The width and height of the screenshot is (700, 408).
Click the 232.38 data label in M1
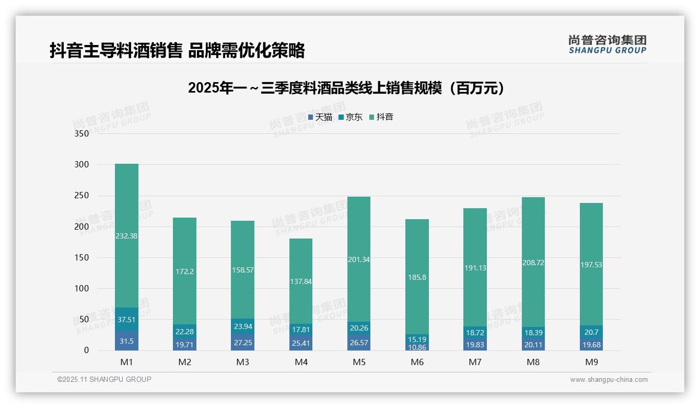(126, 236)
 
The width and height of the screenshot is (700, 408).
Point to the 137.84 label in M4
(301, 281)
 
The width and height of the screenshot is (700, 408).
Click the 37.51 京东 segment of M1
(126, 320)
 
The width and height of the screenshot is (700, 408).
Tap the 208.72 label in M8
(533, 263)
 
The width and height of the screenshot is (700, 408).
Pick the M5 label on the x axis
(359, 362)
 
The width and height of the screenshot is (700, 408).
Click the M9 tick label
(591, 362)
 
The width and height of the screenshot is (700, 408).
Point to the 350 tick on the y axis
(82, 133)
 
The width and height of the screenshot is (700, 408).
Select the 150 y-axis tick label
(82, 257)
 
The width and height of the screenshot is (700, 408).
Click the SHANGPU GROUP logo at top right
(607, 44)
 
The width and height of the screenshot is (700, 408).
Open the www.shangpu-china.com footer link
(609, 380)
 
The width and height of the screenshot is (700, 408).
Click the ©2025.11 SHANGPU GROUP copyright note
(104, 380)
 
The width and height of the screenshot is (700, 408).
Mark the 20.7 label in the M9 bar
(591, 332)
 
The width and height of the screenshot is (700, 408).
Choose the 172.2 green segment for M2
(184, 271)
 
